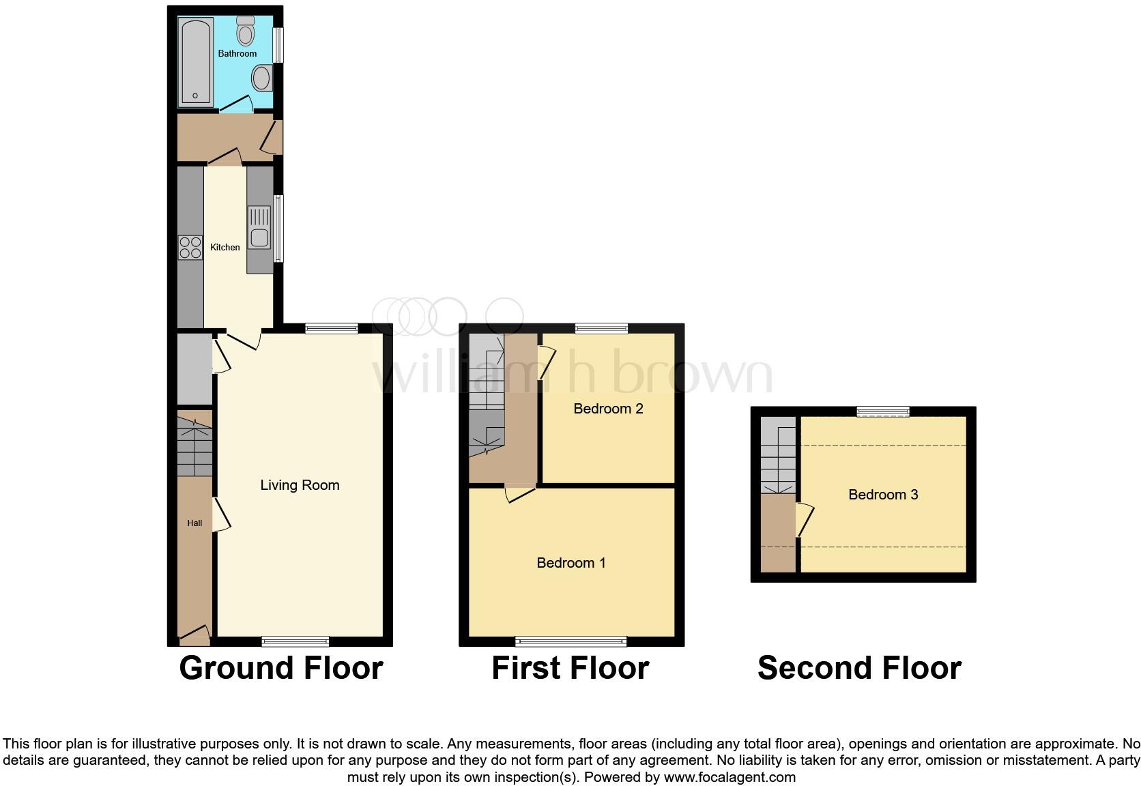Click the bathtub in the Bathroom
[196, 61]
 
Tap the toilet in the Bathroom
[245, 31]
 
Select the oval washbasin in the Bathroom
[261, 78]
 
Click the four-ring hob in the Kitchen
[190, 248]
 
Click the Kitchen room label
[225, 247]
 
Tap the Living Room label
[300, 485]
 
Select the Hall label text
[194, 523]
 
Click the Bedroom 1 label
[570, 563]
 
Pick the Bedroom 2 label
[608, 409]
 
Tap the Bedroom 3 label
[883, 495]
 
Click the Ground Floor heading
[280, 668]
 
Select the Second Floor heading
[859, 668]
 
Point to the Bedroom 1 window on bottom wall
[570, 641]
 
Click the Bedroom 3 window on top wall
[883, 411]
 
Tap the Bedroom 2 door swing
[547, 362]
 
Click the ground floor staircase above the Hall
[194, 447]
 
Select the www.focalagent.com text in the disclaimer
[730, 777]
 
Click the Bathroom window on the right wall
[278, 45]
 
